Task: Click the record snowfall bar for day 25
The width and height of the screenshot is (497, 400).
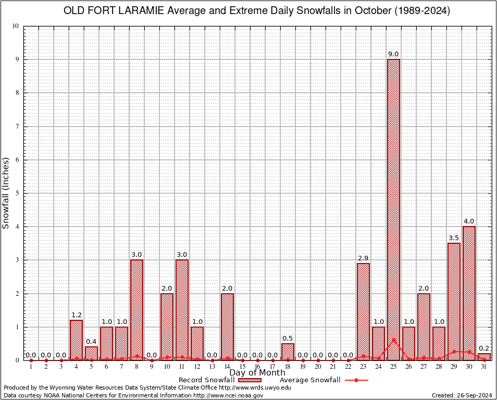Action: [393, 208]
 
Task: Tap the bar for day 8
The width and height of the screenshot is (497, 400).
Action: [136, 310]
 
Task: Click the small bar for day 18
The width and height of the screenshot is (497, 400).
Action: [288, 352]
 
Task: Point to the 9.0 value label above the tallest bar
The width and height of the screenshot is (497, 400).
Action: [393, 54]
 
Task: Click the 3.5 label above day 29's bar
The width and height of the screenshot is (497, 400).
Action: [454, 238]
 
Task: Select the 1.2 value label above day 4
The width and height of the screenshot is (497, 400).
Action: [76, 315]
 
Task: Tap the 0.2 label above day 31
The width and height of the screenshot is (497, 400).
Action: [484, 348]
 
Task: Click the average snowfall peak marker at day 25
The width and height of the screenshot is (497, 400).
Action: [393, 340]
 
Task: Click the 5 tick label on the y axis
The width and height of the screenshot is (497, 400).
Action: [17, 193]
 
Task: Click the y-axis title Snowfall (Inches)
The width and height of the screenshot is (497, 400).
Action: [6, 193]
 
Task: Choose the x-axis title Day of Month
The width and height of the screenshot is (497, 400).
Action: [257, 373]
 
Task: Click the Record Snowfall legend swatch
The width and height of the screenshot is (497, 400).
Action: [247, 380]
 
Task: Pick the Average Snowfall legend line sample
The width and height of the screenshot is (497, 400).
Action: [356, 380]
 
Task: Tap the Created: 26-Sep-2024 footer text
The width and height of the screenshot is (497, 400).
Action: [462, 395]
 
